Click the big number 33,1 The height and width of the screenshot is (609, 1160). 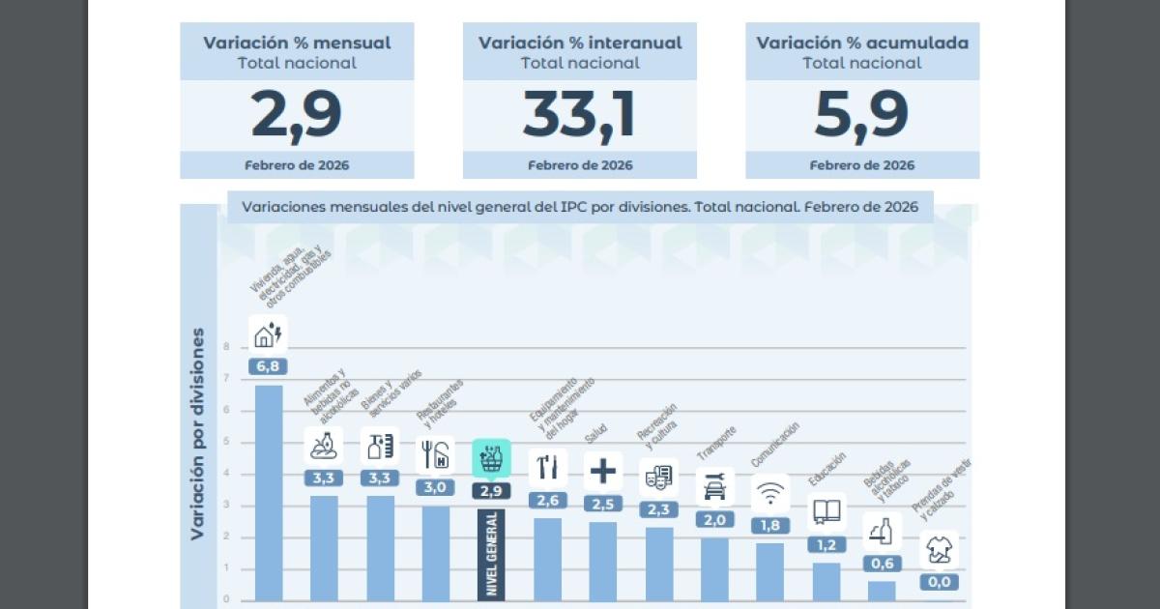[x=579, y=114]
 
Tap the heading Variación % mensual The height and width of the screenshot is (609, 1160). [x=297, y=43]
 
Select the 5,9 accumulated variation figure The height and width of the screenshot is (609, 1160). [x=861, y=114]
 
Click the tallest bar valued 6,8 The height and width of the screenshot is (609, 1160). [x=268, y=493]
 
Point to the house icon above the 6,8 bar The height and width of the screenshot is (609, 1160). [x=268, y=334]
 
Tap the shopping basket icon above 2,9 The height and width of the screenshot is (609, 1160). [x=491, y=456]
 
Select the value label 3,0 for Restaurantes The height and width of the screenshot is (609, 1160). [x=435, y=487]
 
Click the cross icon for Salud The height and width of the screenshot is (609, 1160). [x=603, y=471]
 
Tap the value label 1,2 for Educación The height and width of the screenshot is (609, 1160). [x=826, y=544]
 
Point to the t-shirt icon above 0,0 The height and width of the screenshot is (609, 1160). [x=939, y=550]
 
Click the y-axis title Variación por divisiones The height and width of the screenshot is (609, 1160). [x=197, y=433]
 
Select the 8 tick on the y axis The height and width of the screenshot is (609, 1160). [x=226, y=347]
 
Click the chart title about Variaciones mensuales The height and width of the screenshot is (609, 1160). [x=580, y=207]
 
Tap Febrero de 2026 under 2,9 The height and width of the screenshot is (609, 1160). [x=297, y=165]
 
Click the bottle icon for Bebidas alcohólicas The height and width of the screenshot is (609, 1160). [x=883, y=531]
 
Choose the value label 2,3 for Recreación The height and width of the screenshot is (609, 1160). [x=658, y=509]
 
